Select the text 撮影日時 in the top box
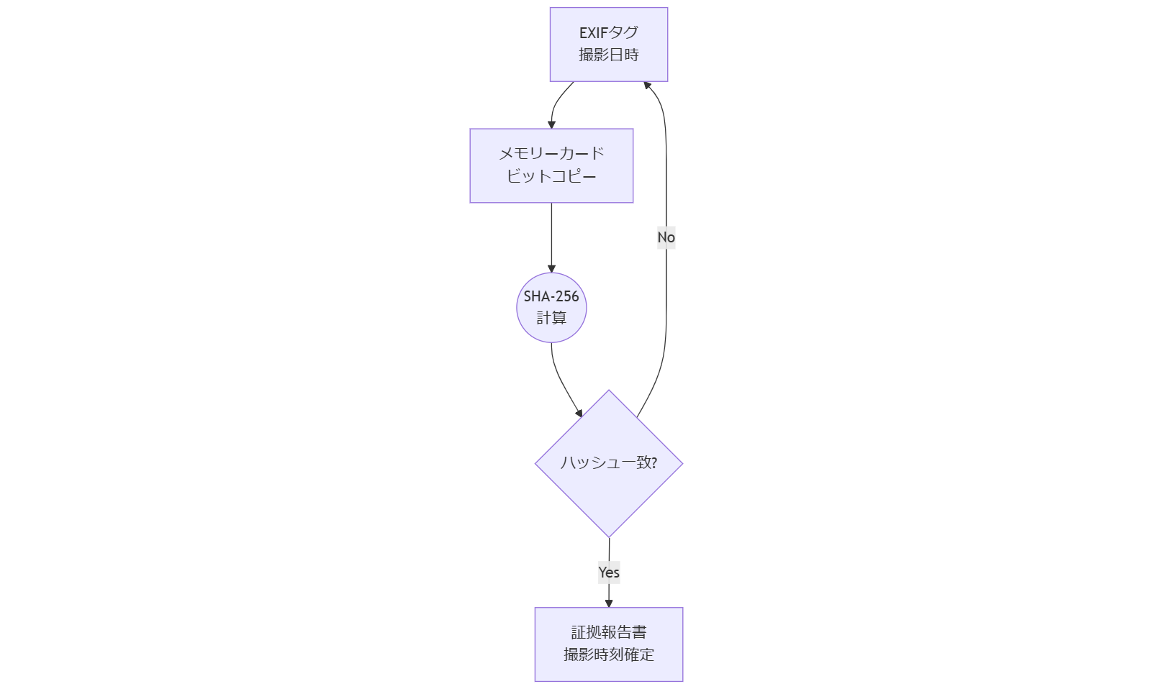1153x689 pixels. point(609,55)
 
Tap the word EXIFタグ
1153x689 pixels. point(609,32)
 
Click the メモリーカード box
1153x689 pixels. point(551,165)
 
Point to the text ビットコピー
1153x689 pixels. point(551,176)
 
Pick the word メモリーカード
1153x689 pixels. point(551,153)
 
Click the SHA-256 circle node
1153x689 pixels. point(551,307)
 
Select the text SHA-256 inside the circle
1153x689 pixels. point(551,296)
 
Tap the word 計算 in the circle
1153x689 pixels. point(551,318)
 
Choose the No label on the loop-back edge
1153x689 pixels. point(666,237)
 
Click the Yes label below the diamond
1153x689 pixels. point(609,572)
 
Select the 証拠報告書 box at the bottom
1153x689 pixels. point(609,644)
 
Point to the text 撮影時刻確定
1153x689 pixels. point(609,654)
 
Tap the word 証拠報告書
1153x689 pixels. point(609,632)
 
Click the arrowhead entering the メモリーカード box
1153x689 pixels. point(551,124)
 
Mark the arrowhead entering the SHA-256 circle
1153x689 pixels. point(551,268)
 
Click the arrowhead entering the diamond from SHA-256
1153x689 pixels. point(579,413)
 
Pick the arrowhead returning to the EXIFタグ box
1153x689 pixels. point(647,86)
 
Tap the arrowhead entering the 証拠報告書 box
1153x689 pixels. point(609,603)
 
